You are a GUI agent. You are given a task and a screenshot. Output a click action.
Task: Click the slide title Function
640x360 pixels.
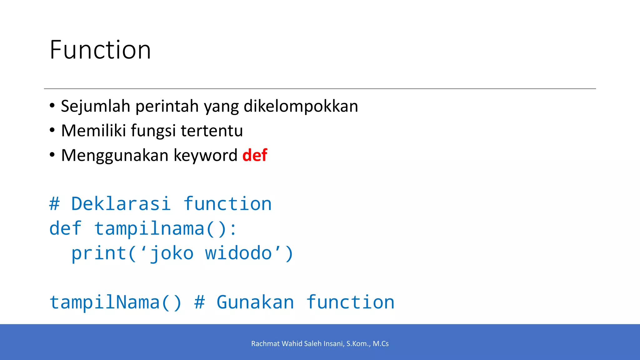pos(100,50)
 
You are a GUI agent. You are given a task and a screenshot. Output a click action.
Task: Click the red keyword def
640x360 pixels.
pos(255,155)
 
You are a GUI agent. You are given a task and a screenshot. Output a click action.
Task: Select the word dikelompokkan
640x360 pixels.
pos(301,106)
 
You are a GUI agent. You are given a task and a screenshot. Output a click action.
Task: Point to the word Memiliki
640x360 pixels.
pos(93,131)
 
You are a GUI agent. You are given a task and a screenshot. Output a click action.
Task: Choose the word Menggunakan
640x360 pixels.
pos(115,156)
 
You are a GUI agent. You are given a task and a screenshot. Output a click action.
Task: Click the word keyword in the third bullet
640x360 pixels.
pos(205,156)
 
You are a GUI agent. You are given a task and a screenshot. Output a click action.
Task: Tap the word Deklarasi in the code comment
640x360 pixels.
pos(121,204)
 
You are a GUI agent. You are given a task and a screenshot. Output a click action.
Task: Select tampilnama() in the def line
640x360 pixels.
pos(165,228)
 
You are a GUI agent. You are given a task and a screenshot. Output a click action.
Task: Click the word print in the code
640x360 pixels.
pos(99,253)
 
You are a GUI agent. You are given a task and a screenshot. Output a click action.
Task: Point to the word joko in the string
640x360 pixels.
pos(172,253)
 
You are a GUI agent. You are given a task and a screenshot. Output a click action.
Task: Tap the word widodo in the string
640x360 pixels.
pos(238,253)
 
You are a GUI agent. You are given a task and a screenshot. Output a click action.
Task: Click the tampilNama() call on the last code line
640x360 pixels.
pos(116,302)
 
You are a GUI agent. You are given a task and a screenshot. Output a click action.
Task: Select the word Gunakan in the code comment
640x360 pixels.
pos(255,302)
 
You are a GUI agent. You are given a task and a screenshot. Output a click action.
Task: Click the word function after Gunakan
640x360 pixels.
pos(350,302)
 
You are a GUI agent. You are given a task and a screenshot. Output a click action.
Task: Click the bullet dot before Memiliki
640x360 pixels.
pos(52,130)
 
